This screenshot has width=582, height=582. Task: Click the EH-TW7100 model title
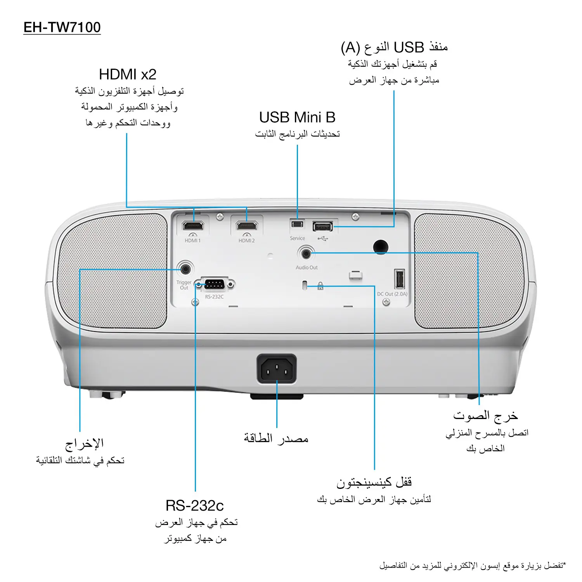pos(62,28)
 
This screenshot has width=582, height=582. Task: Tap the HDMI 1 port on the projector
pos(193,225)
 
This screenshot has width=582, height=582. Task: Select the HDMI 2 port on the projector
pos(247,225)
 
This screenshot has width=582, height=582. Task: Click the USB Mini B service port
pos(297,224)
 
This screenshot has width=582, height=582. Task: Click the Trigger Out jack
pos(185,268)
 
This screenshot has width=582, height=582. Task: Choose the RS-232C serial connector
pos(214,285)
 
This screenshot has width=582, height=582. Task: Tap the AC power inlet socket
pos(277,369)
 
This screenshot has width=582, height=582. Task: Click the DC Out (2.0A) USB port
pos(400,279)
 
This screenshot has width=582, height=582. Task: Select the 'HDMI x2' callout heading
pos(128,74)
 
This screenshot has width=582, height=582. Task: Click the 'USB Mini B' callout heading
pos(297,117)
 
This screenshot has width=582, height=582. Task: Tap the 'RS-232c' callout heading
pos(195,506)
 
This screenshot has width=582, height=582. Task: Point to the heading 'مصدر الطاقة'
pos(276,438)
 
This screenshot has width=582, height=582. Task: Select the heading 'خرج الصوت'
pos(485,416)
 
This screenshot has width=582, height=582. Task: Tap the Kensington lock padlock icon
pos(320,286)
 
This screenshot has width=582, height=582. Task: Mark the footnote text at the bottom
pos(473,566)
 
